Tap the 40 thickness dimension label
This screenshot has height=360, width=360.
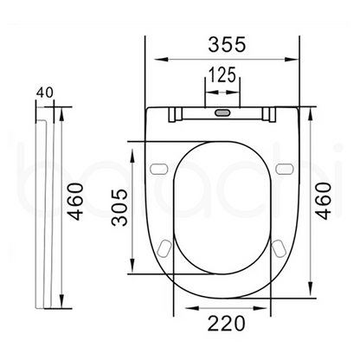[x=45, y=90]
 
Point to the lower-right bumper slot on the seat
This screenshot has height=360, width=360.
[x=278, y=250]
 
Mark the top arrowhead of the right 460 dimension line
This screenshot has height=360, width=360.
[x=309, y=111]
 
